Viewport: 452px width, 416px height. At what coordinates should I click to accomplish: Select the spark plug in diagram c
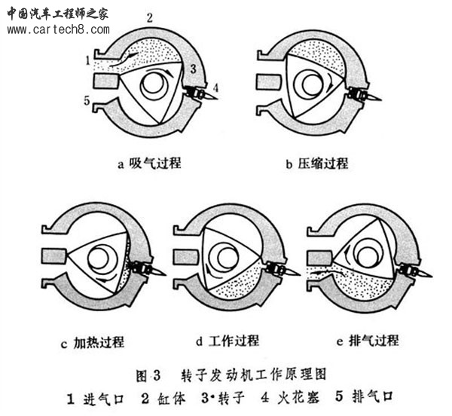(x=145, y=268)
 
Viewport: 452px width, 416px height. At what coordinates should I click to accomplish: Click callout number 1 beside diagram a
(x=88, y=59)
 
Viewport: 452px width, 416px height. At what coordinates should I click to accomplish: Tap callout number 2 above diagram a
(x=150, y=17)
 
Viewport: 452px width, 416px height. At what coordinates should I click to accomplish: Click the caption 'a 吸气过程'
(x=149, y=163)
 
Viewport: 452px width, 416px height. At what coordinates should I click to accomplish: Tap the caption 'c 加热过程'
(x=93, y=341)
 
